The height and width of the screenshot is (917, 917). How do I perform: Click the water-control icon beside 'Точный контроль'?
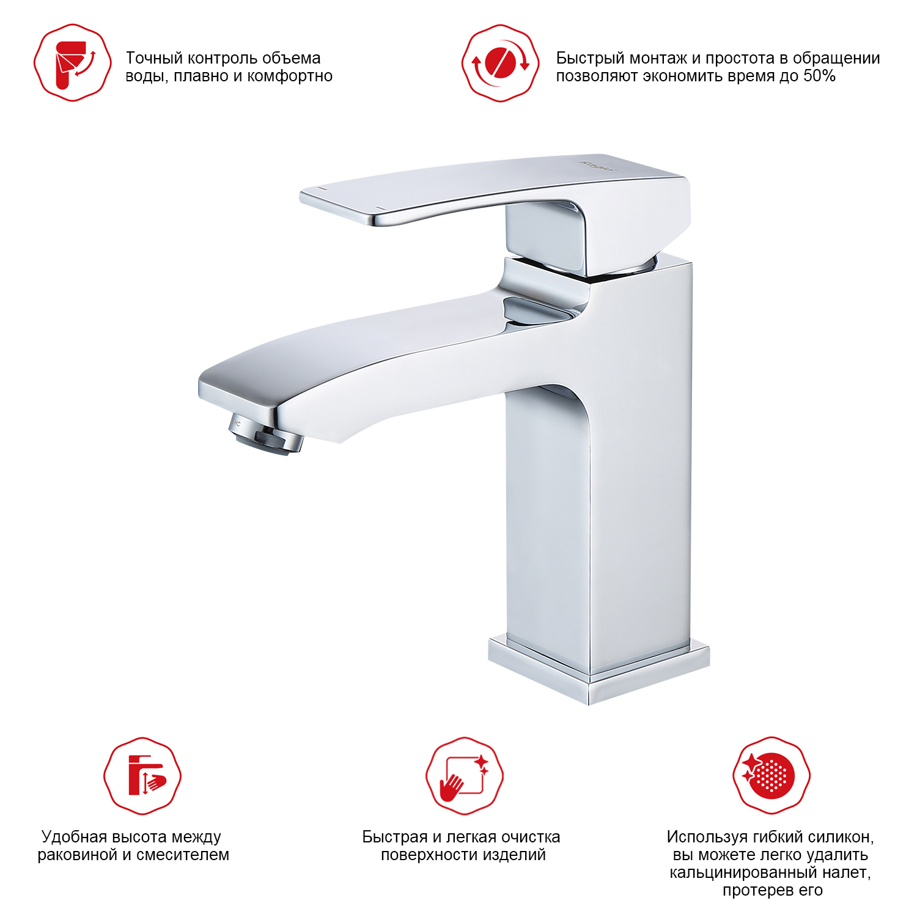(x=73, y=62)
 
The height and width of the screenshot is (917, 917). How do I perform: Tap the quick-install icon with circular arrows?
(x=500, y=62)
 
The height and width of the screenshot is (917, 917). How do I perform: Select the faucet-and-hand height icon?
(x=142, y=775)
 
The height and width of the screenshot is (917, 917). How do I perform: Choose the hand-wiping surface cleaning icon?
(x=465, y=775)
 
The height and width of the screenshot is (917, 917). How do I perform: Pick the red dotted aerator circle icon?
(x=772, y=775)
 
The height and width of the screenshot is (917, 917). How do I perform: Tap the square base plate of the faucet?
(x=598, y=669)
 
